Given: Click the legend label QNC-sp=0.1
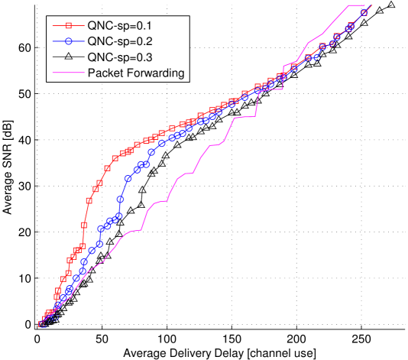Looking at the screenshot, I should (124, 23).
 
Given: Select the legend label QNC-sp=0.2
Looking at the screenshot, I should (124, 40).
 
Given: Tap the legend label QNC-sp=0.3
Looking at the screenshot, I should (124, 57).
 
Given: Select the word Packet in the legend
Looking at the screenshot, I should (105, 73).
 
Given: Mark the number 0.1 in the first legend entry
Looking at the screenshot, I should (153, 23).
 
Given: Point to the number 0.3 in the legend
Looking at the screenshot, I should (153, 57).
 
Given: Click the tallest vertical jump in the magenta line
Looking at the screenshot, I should (283, 76).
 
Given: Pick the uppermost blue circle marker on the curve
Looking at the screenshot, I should (364, 13).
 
